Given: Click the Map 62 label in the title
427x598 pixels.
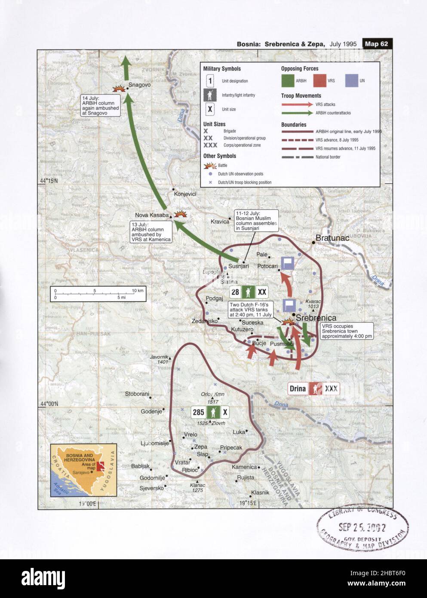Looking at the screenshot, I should (377, 43).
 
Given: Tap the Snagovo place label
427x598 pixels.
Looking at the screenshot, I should (139, 85).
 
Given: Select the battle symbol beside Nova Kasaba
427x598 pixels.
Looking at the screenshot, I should (180, 214).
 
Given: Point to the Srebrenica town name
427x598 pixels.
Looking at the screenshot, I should (316, 318).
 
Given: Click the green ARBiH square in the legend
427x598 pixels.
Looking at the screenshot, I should (288, 80).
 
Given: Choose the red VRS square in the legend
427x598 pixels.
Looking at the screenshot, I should (320, 80).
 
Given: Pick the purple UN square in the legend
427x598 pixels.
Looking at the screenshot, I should (351, 80).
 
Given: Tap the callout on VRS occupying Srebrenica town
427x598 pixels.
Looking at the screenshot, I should (347, 331).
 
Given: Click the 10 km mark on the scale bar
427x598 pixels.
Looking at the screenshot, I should (138, 291).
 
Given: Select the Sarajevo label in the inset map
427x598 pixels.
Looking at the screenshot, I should (81, 472).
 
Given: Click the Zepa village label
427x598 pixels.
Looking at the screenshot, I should (200, 447).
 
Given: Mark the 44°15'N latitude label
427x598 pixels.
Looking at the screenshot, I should (49, 181).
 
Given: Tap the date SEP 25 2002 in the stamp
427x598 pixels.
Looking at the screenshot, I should (362, 527).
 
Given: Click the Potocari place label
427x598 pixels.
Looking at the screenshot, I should (267, 266).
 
